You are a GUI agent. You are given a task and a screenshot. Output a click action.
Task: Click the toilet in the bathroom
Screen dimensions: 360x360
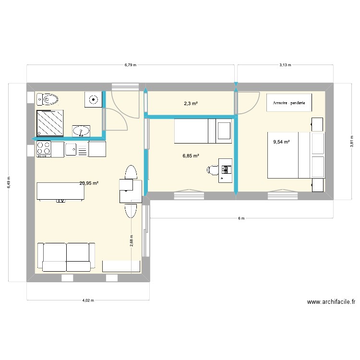[x=48, y=99]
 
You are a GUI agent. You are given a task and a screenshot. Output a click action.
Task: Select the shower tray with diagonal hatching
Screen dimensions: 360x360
[x=50, y=123]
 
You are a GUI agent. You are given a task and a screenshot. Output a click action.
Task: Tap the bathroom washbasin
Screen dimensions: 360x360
[x=81, y=132]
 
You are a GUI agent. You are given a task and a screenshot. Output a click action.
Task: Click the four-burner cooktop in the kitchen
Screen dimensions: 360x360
[x=43, y=149]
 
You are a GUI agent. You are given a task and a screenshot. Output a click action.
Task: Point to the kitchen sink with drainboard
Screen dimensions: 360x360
[x=76, y=149]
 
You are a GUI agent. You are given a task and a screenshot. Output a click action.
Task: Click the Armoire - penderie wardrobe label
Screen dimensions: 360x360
[x=289, y=103]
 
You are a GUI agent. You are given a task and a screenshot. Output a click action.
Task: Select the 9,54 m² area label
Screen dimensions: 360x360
[x=281, y=142]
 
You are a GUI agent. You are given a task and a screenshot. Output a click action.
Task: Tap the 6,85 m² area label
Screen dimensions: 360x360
[x=191, y=156]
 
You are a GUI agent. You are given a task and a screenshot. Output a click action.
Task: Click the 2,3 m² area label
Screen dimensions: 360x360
[x=191, y=104]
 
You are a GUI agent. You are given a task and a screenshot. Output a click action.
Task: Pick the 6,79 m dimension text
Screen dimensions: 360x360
[x=131, y=65]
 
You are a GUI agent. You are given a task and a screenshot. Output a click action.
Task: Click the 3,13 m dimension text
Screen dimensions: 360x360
[x=285, y=65]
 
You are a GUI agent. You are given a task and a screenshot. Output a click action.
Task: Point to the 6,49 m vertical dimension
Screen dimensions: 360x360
[x=9, y=182]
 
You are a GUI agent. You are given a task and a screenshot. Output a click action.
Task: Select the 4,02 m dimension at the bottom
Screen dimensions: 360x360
[x=88, y=300]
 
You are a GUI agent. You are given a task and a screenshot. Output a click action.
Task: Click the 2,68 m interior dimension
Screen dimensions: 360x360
[x=132, y=240]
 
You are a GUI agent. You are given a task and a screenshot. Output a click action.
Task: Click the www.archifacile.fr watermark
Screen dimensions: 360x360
[x=331, y=302]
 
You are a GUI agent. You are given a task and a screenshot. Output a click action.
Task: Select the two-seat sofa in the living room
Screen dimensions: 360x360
[x=66, y=257]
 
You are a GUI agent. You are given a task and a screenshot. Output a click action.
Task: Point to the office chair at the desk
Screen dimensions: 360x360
[x=213, y=170]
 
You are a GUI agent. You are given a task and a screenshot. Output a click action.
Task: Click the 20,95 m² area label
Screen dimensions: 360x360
[x=89, y=183]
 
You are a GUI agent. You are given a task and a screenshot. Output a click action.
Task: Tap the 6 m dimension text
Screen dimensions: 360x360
[x=241, y=218]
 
